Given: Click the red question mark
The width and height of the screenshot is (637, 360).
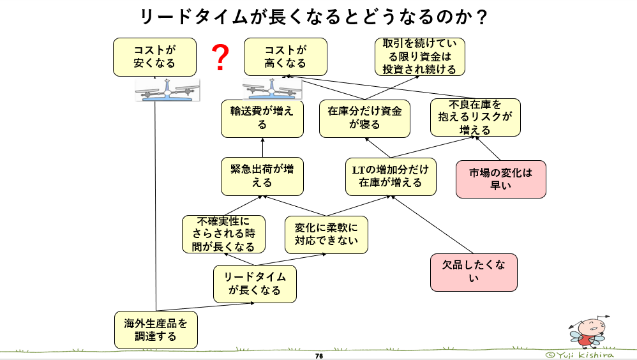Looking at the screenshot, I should (220, 58).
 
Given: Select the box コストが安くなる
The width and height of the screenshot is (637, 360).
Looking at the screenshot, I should (154, 56).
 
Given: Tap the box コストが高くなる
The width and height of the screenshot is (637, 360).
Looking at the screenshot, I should (285, 56).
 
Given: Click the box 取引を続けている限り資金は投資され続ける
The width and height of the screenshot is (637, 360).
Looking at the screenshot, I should (419, 57).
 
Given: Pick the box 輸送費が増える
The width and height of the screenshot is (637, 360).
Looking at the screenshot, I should (262, 118).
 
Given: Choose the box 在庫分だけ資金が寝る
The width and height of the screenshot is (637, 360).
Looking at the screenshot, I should (364, 118).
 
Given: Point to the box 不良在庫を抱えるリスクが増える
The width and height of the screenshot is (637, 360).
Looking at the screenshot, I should (475, 117).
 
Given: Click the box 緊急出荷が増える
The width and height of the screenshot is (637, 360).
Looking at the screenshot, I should (262, 176).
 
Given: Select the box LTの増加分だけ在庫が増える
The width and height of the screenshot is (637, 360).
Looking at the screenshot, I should (391, 176).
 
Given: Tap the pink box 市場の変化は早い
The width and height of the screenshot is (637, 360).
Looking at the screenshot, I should (500, 179).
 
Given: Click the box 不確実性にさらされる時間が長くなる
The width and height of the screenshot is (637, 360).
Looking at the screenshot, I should (223, 234).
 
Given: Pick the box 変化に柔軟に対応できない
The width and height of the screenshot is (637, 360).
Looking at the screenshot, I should (326, 234).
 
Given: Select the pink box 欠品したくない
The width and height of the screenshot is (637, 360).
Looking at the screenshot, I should (473, 273).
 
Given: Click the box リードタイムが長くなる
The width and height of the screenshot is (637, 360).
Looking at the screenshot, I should (255, 283).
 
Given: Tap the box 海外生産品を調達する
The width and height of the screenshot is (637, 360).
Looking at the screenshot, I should (156, 329).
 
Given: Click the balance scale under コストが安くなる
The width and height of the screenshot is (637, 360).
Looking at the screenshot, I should (167, 90).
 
